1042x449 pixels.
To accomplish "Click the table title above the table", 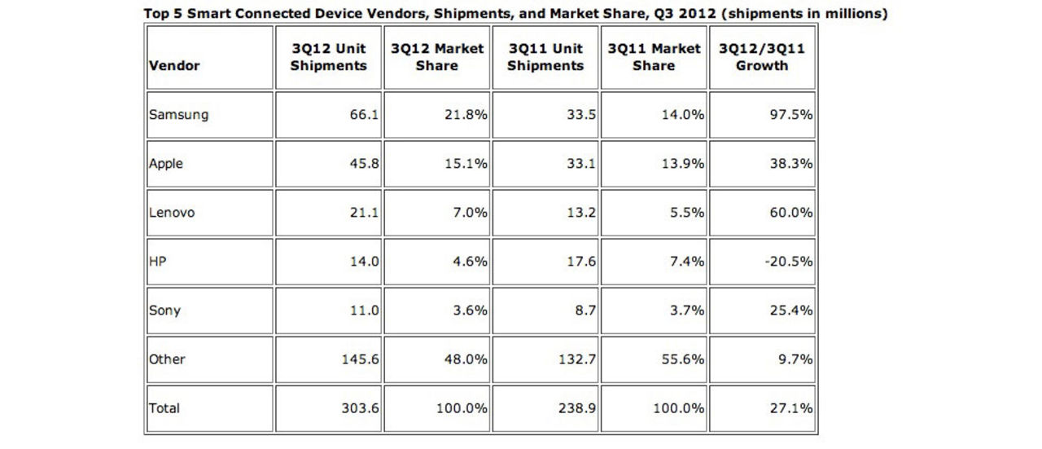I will click(515, 14).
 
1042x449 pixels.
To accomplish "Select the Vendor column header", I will click(174, 65).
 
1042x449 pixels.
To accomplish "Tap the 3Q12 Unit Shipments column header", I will click(328, 57).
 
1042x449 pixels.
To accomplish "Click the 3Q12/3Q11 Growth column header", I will click(762, 57).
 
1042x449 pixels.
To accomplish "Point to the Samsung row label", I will click(178, 115).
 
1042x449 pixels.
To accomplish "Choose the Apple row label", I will click(166, 164).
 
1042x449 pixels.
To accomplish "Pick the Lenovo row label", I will click(172, 213).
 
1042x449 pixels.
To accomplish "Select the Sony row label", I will click(164, 310).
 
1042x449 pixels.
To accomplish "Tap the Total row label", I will click(164, 408).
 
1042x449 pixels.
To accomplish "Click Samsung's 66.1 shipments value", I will click(363, 115).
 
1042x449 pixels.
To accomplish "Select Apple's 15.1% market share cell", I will click(468, 164).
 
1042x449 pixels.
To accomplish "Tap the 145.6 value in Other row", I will click(359, 359).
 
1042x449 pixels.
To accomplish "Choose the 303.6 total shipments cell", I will click(359, 408).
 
